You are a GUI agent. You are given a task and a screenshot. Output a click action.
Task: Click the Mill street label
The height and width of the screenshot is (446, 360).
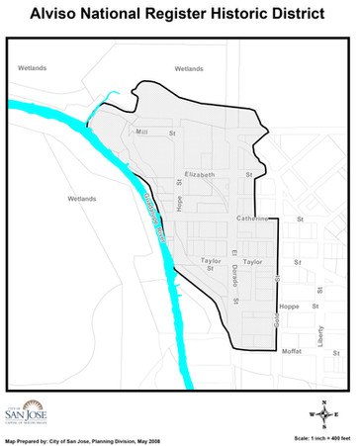pos(141,132)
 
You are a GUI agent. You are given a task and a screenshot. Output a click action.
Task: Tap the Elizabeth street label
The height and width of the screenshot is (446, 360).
pos(199,174)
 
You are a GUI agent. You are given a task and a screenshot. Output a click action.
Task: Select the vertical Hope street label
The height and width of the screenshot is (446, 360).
pos(180,203)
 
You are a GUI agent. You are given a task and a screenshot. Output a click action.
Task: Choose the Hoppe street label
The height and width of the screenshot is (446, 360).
pos(289,307)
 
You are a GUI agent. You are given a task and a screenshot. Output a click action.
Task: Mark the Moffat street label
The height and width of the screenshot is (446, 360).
pos(292,352)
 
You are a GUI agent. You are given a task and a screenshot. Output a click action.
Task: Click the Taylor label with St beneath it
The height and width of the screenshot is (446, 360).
pos(209,264)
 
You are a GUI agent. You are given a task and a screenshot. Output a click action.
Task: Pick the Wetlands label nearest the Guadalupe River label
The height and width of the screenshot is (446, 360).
pos(82,199)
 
